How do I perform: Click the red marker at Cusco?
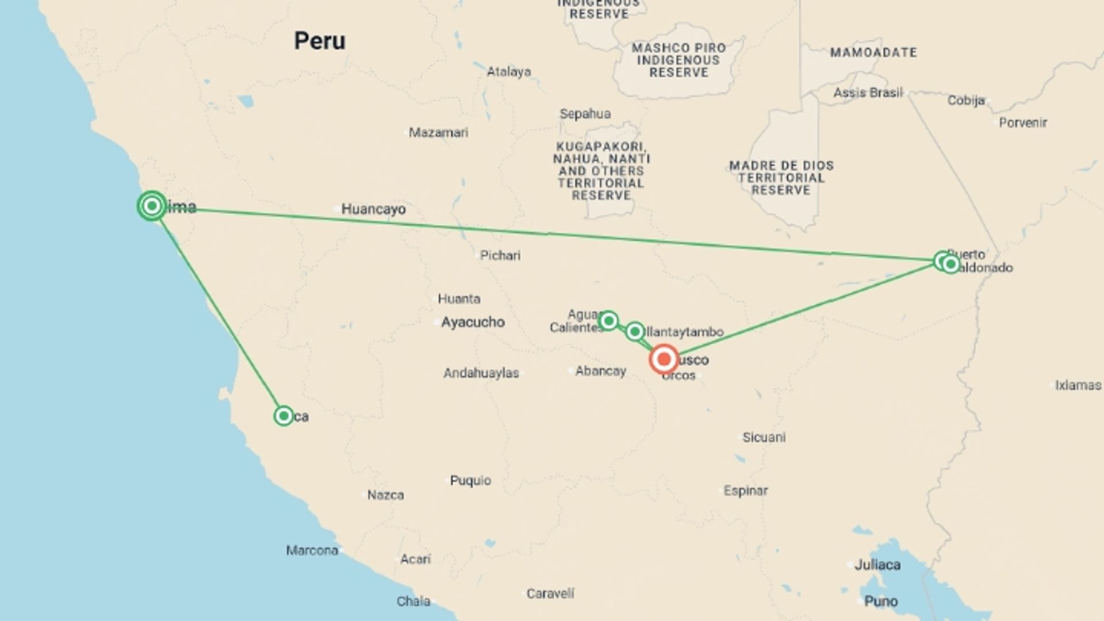[664, 359]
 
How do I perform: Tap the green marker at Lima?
[152, 205]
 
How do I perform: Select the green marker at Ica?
[283, 416]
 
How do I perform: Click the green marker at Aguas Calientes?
[608, 320]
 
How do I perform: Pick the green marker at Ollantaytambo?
[635, 331]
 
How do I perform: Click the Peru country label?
[320, 41]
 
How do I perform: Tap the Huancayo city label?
[373, 209]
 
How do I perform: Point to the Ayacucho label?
[473, 322]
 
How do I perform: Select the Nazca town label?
[385, 494]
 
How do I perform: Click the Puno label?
[881, 601]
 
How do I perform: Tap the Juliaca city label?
[877, 565]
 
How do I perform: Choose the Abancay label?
[600, 371]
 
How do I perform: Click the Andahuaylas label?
[481, 373]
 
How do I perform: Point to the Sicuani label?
[764, 437]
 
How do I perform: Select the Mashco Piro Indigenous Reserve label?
[678, 60]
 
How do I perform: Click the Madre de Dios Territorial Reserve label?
[781, 178]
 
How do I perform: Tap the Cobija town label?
[966, 101]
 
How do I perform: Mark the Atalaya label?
[509, 72]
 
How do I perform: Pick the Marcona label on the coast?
[312, 550]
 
